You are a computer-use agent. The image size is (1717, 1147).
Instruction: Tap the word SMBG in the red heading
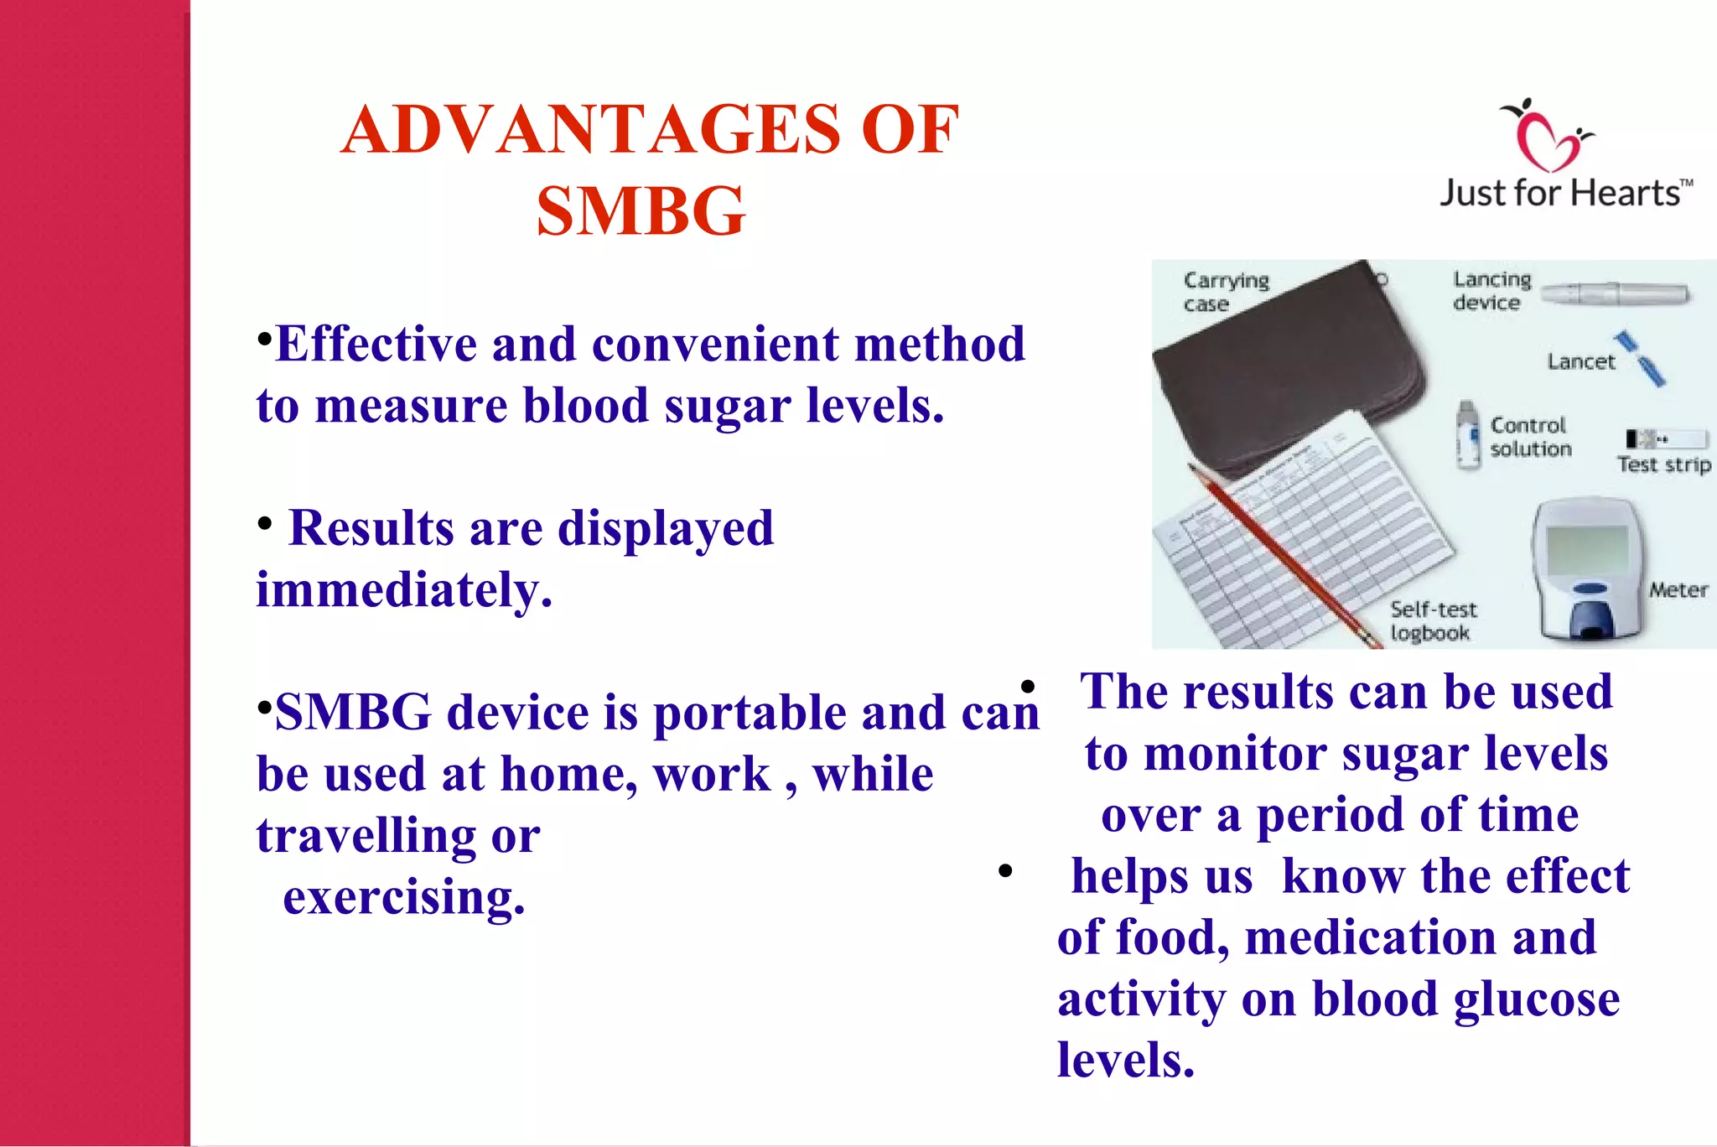pos(641,211)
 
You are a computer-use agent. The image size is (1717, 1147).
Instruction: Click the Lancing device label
pos(1491,290)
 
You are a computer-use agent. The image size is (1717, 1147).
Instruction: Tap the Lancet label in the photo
pos(1580,361)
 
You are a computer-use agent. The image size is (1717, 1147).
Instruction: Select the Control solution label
pos(1530,437)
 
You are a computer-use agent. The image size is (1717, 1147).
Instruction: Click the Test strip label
pos(1663,465)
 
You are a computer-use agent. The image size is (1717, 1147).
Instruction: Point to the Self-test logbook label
pos(1432,621)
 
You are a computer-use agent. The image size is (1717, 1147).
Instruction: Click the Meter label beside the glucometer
pos(1678,590)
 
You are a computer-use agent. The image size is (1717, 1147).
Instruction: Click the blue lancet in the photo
pos(1642,359)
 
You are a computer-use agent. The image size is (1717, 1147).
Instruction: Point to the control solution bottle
pos(1468,435)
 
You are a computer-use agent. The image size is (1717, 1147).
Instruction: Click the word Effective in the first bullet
pos(376,344)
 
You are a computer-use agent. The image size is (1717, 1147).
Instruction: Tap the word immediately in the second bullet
pos(404,589)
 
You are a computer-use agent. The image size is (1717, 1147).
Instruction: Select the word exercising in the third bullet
pos(404,897)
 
